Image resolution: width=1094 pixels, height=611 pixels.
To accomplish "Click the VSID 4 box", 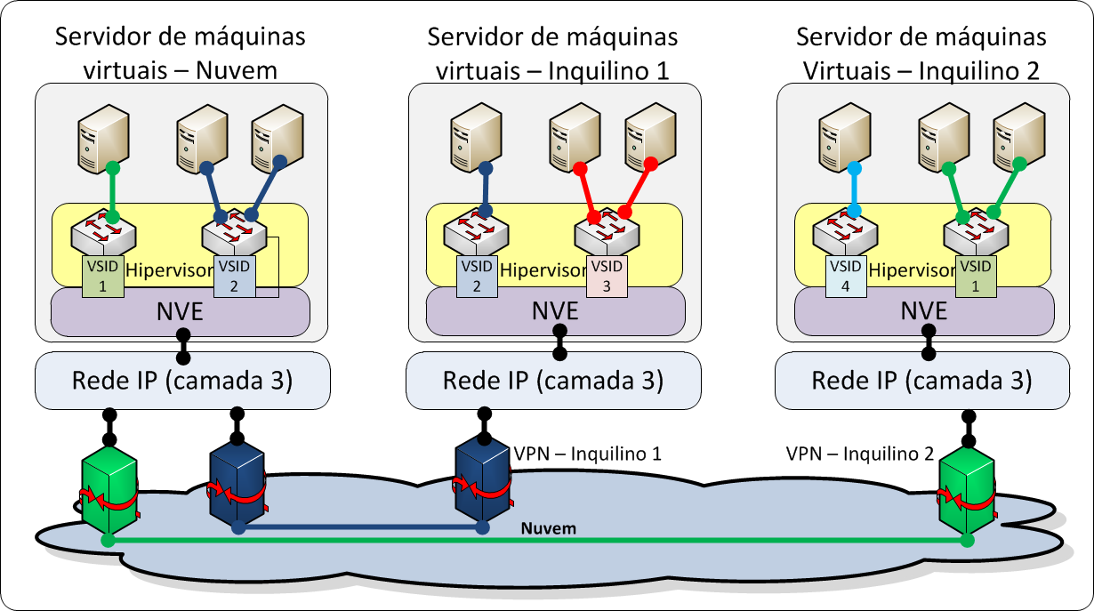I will pyautogui.click(x=845, y=276).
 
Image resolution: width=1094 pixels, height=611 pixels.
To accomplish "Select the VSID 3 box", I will pyautogui.click(x=607, y=276).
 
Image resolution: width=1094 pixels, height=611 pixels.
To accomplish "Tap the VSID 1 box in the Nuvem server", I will pyautogui.click(x=101, y=276).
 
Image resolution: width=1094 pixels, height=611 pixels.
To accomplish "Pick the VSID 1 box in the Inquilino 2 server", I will pyautogui.click(x=976, y=276).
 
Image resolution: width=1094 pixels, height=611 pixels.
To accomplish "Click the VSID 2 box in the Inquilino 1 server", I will pyautogui.click(x=476, y=276).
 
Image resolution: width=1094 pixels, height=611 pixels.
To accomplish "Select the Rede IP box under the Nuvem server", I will pyautogui.click(x=182, y=381).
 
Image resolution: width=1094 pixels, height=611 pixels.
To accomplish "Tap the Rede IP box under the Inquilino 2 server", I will pyautogui.click(x=922, y=381).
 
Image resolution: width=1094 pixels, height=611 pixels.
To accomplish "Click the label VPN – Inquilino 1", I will pyautogui.click(x=587, y=453).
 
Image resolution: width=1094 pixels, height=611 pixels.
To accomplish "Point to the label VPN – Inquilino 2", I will pyautogui.click(x=859, y=453).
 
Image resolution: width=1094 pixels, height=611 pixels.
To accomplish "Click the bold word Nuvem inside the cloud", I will pyautogui.click(x=548, y=528).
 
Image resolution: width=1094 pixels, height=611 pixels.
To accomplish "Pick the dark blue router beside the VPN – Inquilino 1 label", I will pyautogui.click(x=481, y=480).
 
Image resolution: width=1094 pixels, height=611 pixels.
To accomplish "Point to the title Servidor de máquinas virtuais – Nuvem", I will pyautogui.click(x=181, y=53).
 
